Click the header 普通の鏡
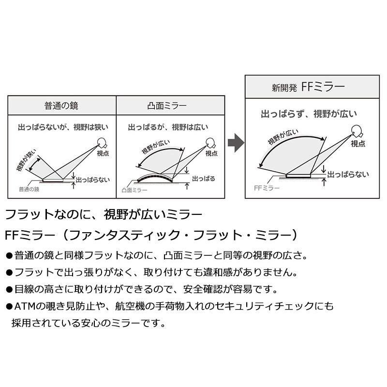(61, 105)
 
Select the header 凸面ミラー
(167, 105)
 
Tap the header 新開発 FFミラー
(308, 87)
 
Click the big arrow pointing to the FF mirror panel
(236, 143)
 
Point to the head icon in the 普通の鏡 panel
(102, 143)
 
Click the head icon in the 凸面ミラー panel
(210, 143)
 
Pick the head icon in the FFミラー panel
(357, 132)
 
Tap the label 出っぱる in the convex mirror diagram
(204, 179)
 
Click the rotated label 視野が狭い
(26, 160)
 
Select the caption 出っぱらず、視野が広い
(309, 114)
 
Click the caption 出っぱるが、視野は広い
(168, 127)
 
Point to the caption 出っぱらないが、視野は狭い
(63, 127)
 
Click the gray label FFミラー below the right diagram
(267, 188)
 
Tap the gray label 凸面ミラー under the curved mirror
(134, 190)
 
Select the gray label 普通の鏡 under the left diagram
(29, 189)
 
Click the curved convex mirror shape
(154, 177)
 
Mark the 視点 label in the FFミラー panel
(358, 143)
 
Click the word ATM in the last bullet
(25, 306)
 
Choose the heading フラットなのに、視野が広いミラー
(104, 214)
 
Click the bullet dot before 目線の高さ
(9, 290)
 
